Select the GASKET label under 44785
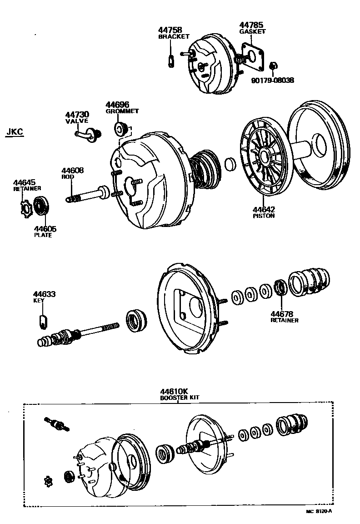click(x=252, y=31)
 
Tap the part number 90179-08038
click(x=272, y=80)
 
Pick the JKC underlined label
click(x=15, y=132)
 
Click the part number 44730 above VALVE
click(x=77, y=114)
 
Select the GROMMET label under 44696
click(x=122, y=111)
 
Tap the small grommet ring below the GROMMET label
click(x=121, y=128)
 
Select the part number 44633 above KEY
click(x=44, y=294)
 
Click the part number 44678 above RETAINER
click(x=282, y=314)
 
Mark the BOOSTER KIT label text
click(x=180, y=397)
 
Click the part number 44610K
click(x=174, y=391)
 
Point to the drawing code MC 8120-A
click(x=319, y=511)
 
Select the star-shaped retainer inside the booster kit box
click(x=48, y=480)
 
